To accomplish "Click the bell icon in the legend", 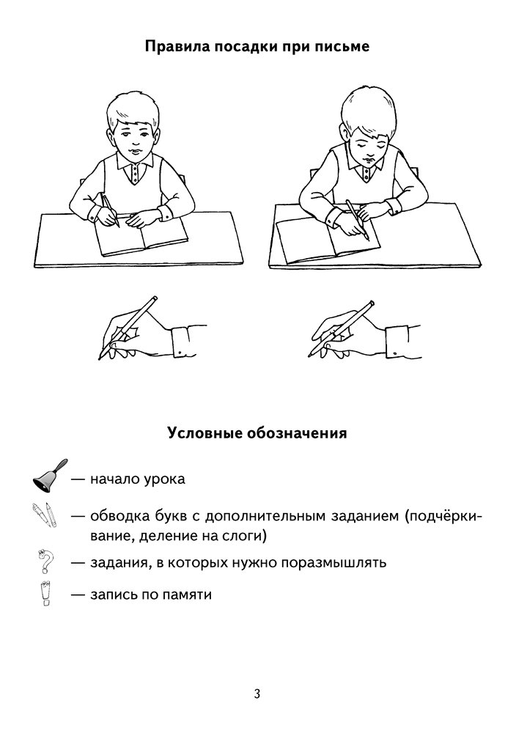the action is pyautogui.click(x=50, y=476).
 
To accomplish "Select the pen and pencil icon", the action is pyautogui.click(x=45, y=515).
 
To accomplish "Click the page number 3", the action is pyautogui.click(x=257, y=693).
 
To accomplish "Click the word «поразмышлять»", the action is pyautogui.click(x=333, y=563).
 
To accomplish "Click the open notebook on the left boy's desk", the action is pyautogui.click(x=142, y=237).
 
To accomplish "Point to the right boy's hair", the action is pyautogui.click(x=367, y=111).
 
